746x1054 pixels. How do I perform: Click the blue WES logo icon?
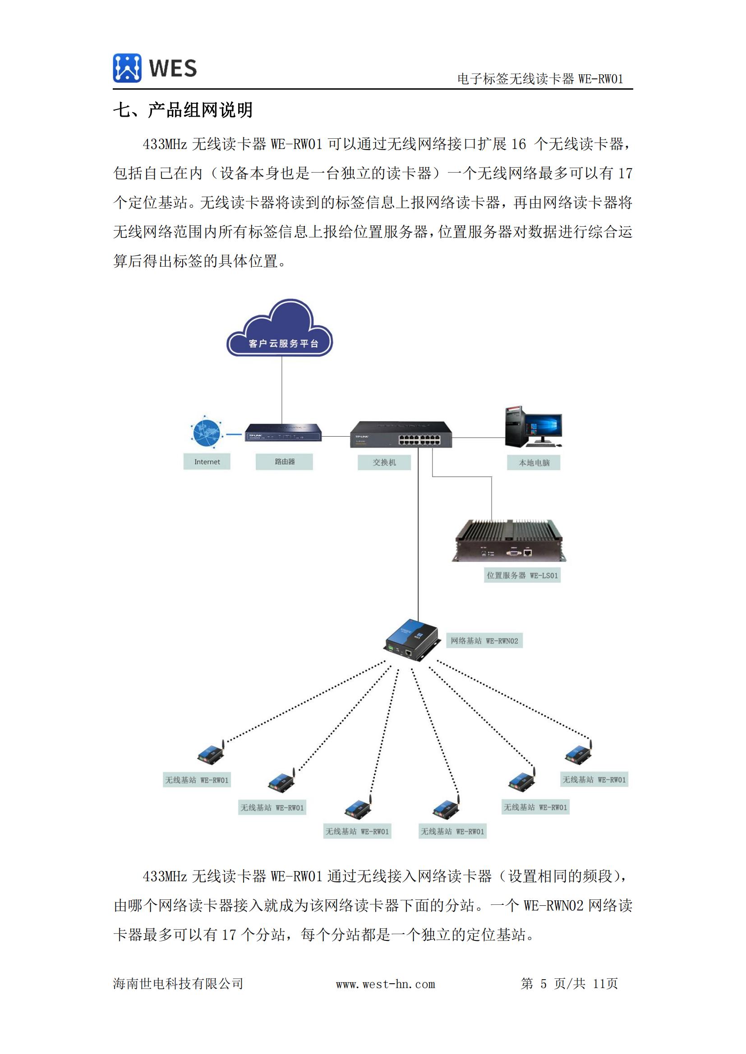(127, 68)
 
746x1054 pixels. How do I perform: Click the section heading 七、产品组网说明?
(183, 110)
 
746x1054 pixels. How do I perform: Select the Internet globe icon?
(206, 432)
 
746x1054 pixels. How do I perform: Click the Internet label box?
(207, 462)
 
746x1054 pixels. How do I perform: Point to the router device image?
(283, 433)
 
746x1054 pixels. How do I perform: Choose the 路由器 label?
(284, 462)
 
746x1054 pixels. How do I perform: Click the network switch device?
(401, 434)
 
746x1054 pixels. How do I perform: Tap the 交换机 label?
(384, 462)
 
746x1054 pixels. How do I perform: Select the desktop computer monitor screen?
(543, 425)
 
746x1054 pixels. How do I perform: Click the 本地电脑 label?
(534, 463)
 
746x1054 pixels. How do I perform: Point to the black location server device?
(509, 541)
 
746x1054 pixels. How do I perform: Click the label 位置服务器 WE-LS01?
(522, 575)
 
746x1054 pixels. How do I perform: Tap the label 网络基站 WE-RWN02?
(484, 641)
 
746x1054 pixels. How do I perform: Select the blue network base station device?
(411, 640)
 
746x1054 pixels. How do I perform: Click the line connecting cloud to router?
(281, 390)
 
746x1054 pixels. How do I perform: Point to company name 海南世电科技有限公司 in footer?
(178, 984)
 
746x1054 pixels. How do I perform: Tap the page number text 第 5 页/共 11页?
(569, 984)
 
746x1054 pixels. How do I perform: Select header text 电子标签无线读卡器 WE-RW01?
(540, 79)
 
